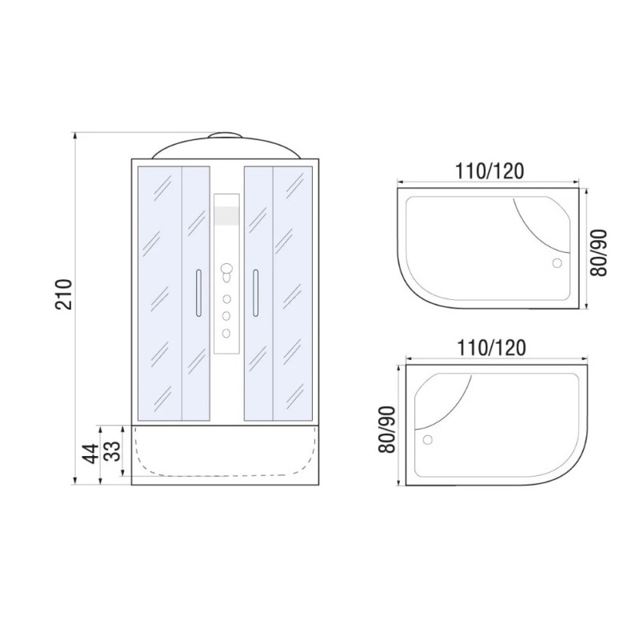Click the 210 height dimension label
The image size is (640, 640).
click(x=64, y=294)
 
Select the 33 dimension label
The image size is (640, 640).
click(x=113, y=450)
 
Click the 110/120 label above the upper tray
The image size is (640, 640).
click(x=489, y=171)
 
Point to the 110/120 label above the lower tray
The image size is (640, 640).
click(x=491, y=348)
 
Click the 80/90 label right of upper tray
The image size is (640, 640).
click(x=599, y=253)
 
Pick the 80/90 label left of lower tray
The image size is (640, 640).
click(x=387, y=430)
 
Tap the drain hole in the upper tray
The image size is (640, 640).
click(x=557, y=263)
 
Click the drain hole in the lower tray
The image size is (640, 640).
click(x=428, y=439)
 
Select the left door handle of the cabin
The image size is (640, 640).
click(x=198, y=293)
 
